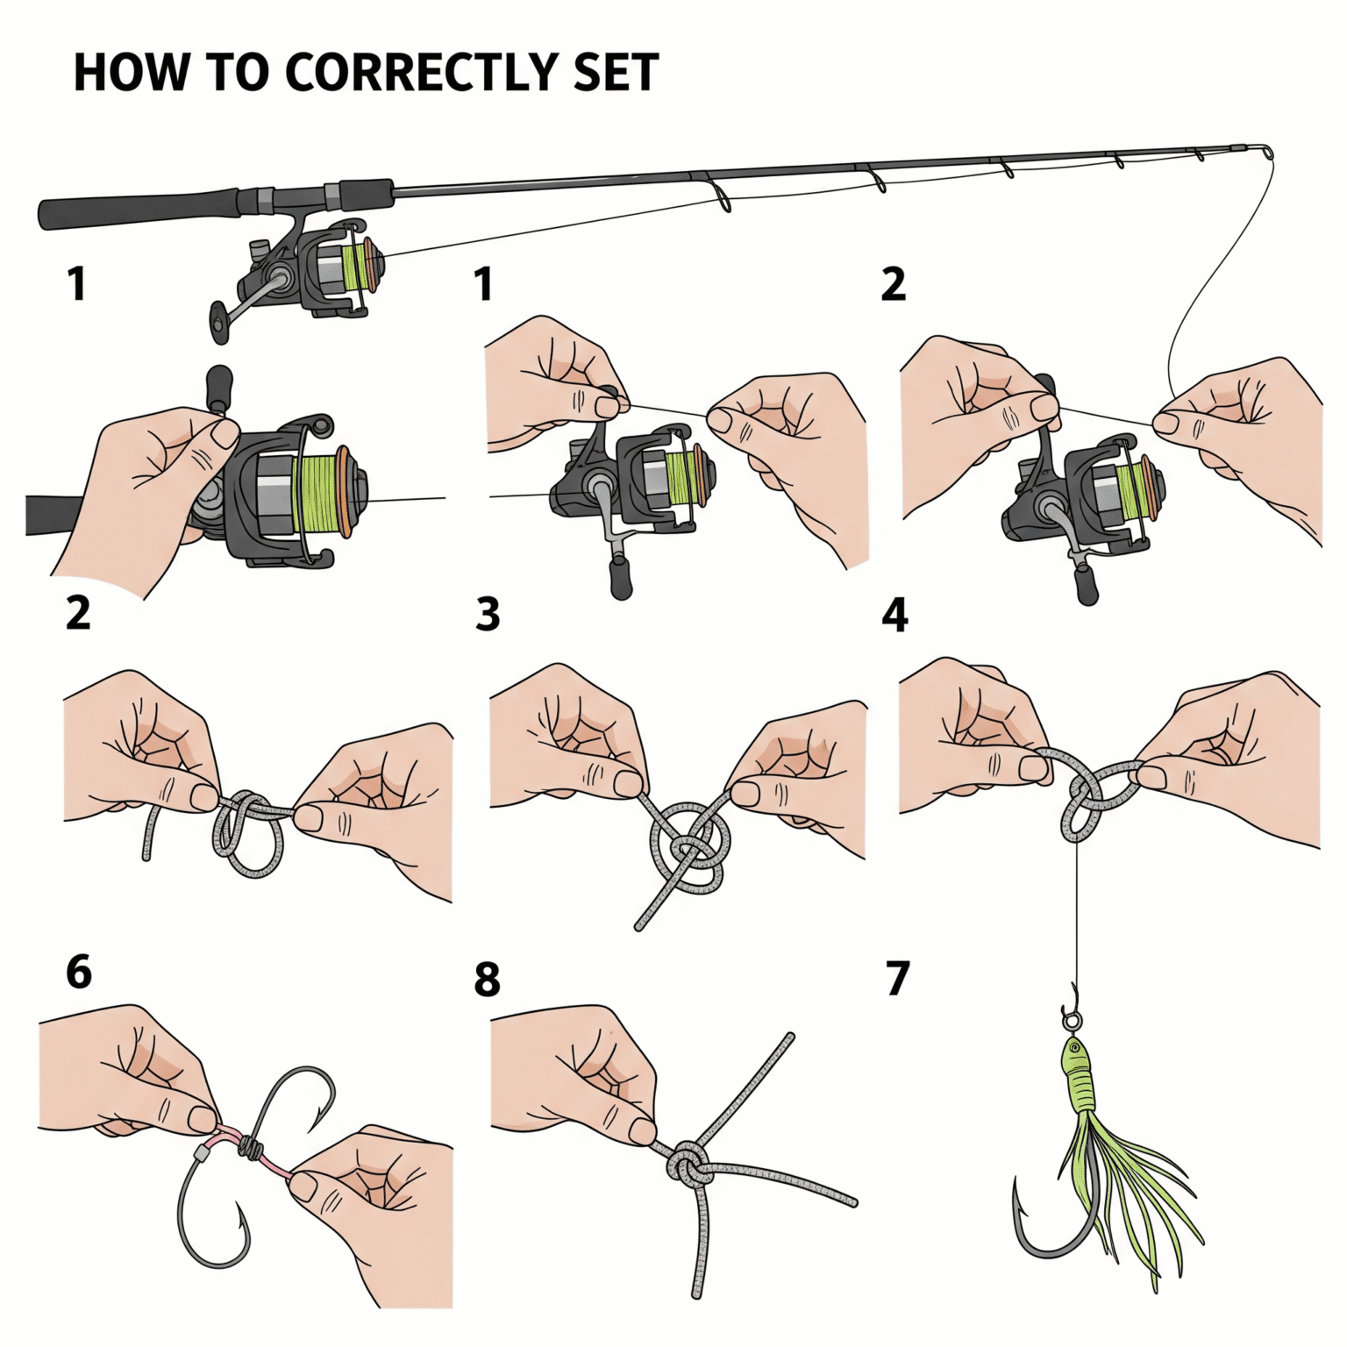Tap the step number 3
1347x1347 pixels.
tap(488, 615)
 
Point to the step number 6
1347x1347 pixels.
tap(79, 972)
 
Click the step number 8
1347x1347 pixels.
tap(488, 979)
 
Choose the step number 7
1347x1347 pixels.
tap(897, 979)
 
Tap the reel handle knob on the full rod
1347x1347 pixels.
tap(217, 323)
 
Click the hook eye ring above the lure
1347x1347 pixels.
tap(1072, 1020)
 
